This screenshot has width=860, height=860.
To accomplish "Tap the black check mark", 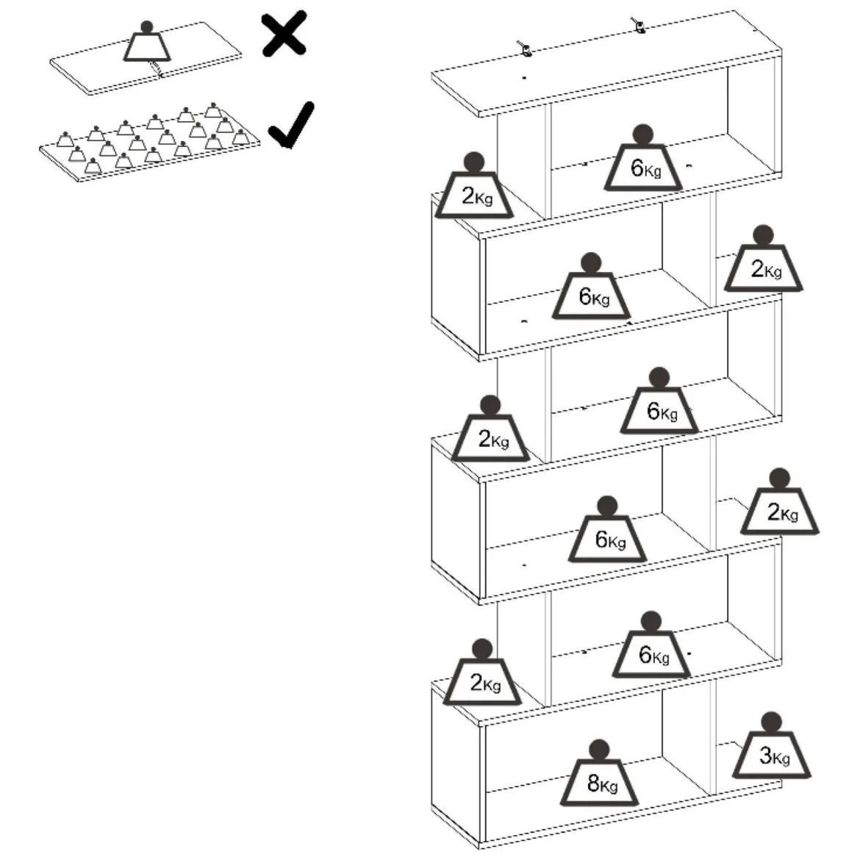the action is coord(290,125).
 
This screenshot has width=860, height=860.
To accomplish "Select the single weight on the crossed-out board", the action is coord(146,42).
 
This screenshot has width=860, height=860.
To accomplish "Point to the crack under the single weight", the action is coord(157,68).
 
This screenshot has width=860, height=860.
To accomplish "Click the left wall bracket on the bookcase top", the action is coord(525,49).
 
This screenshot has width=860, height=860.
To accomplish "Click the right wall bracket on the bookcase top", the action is coord(639,25).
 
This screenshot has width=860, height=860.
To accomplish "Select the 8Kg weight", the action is coord(599,773).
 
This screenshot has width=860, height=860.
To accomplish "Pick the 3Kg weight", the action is coord(772,746).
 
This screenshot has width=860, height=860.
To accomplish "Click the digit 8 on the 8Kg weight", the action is coord(593,783).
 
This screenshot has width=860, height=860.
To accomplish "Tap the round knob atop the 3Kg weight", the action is coord(772,722).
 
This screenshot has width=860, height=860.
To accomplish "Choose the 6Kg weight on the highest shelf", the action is coord(643,158).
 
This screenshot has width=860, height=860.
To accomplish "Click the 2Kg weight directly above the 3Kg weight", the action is coord(779,502).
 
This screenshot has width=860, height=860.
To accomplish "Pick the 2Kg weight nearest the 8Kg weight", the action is coord(482,673).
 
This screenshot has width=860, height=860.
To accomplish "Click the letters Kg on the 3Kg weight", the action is coord(781,758).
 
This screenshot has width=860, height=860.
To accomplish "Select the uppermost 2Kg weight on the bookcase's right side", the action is coord(764,258).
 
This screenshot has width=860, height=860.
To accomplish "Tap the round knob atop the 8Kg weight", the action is coord(599,749).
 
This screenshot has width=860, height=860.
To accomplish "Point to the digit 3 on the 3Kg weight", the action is coord(766,755).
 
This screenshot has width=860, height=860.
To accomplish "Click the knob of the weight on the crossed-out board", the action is coord(146,27).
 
